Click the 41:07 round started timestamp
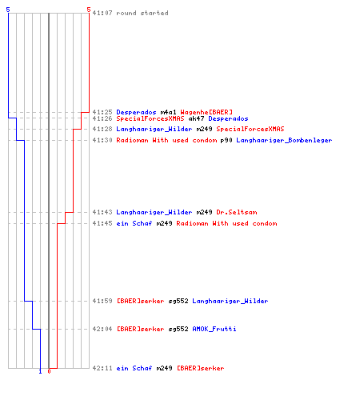(102, 13)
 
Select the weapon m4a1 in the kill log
(168, 112)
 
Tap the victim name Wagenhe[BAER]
(206, 112)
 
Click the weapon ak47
(196, 118)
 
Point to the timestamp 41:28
(102, 129)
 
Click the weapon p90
(226, 140)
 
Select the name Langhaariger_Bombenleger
(284, 140)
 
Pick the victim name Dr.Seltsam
(237, 212)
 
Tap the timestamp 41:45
(102, 223)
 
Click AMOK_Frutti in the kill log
(214, 329)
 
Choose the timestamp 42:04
(102, 329)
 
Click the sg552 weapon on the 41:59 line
(178, 301)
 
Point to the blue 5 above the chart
(8, 10)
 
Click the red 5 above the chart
(89, 10)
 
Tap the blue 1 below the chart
(40, 371)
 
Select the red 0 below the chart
(49, 371)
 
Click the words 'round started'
(142, 13)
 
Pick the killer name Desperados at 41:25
(136, 112)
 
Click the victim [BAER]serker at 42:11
(201, 368)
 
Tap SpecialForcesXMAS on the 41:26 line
(150, 118)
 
